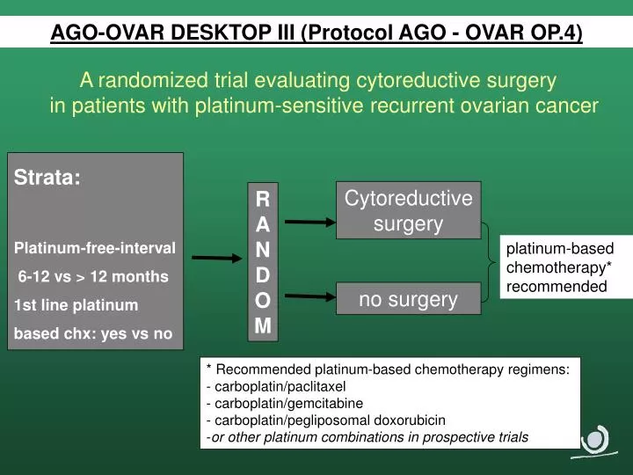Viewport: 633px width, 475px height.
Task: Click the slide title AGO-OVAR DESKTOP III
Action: pyautogui.click(x=316, y=33)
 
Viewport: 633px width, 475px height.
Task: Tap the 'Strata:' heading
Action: pyautogui.click(x=48, y=177)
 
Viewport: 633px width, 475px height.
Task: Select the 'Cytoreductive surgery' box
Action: pyautogui.click(x=408, y=211)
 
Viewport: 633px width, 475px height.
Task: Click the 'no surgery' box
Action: pyautogui.click(x=408, y=299)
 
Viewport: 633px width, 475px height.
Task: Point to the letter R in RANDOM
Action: pyautogui.click(x=262, y=198)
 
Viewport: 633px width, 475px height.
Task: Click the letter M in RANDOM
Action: pyautogui.click(x=262, y=325)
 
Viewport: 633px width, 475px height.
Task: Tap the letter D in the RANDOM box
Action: pyautogui.click(x=262, y=274)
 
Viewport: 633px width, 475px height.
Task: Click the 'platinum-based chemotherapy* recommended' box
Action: pyautogui.click(x=556, y=267)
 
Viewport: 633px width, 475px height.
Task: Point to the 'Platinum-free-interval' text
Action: pyautogui.click(x=95, y=247)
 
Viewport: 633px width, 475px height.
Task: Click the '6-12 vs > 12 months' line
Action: pyautogui.click(x=93, y=276)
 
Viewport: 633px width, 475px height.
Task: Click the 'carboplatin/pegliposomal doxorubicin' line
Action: pyautogui.click(x=325, y=420)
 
